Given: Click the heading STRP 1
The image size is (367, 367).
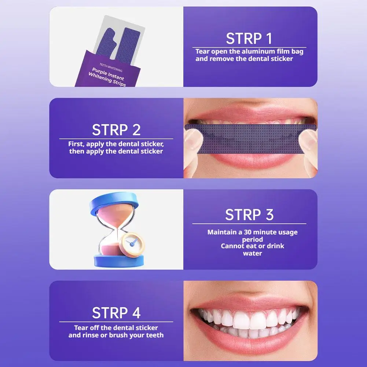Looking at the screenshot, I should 249,38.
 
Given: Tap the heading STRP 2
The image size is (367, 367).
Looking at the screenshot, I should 116,130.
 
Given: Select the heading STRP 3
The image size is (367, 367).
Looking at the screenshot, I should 249,215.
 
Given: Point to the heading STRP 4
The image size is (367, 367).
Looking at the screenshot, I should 116,313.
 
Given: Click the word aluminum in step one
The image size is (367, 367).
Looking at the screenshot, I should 257,52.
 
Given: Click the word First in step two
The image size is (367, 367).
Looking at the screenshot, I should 76,144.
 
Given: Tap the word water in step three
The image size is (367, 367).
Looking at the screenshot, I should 252,253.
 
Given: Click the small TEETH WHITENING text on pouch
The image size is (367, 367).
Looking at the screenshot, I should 111,67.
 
